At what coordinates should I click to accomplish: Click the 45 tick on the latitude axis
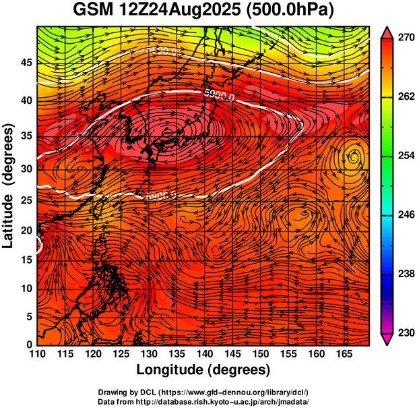coord(25,63)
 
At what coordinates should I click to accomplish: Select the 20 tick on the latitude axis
coord(25,230)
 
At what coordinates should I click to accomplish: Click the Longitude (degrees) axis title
coord(203,370)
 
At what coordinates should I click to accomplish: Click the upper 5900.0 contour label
coord(219,96)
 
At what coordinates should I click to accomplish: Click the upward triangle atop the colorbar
coord(388,32)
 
